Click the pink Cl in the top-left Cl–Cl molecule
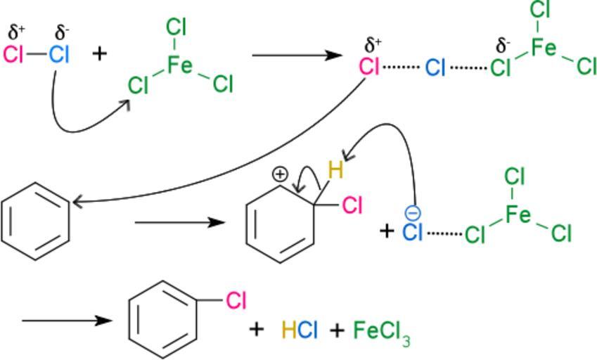coord(14,55)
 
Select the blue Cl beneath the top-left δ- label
coord(59,55)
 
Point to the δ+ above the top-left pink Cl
coord(16,32)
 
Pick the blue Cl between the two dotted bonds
coord(435,67)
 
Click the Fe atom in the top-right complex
coord(544,48)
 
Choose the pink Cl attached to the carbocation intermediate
coord(352,205)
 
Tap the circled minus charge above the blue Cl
coord(413,213)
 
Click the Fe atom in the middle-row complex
coord(518,215)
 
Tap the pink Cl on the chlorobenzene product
coord(236,300)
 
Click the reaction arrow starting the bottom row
coord(67,321)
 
